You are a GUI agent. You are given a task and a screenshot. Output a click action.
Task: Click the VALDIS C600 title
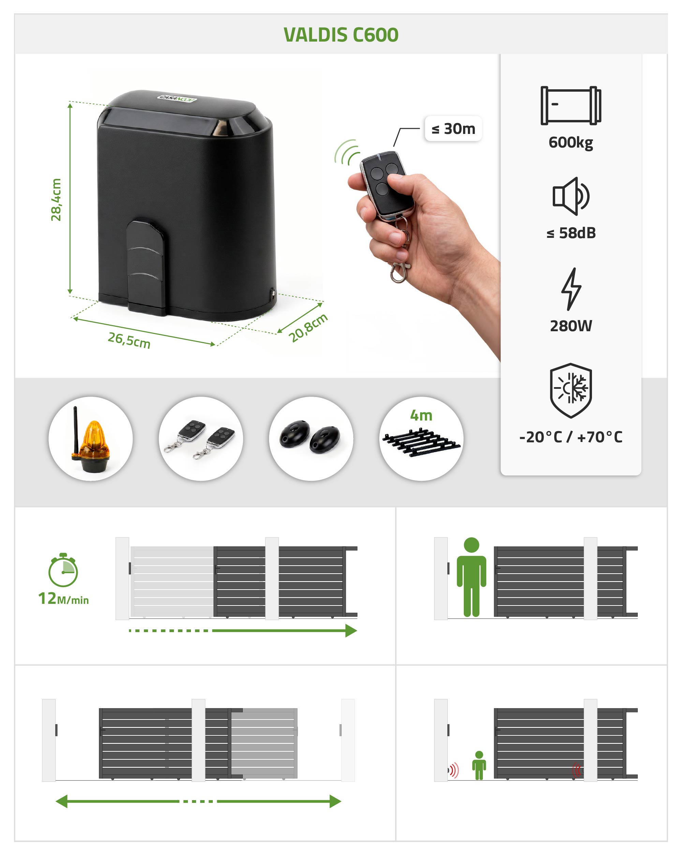click(x=341, y=35)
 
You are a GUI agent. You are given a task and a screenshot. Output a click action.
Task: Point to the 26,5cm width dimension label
click(x=129, y=340)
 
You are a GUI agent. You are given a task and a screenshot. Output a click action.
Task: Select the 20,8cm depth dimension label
click(x=308, y=327)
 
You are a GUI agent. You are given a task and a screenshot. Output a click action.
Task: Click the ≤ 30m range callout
click(x=453, y=128)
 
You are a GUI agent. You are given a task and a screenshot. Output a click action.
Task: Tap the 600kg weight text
click(x=570, y=142)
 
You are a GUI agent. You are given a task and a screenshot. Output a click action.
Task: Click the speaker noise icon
click(x=571, y=196)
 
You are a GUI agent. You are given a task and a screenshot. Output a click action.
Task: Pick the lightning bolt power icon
click(x=571, y=289)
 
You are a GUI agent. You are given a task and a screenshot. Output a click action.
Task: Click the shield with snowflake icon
click(x=571, y=390)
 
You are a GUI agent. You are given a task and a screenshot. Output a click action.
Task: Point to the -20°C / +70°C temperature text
click(x=570, y=437)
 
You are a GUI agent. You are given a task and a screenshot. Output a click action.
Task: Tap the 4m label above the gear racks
click(x=421, y=416)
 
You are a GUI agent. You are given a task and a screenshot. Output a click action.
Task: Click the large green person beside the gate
click(x=471, y=577)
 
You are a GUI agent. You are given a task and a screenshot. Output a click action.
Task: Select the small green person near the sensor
click(x=479, y=765)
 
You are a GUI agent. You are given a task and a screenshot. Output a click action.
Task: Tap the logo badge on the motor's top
click(x=177, y=98)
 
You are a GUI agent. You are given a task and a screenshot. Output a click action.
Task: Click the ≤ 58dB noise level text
click(x=571, y=233)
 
